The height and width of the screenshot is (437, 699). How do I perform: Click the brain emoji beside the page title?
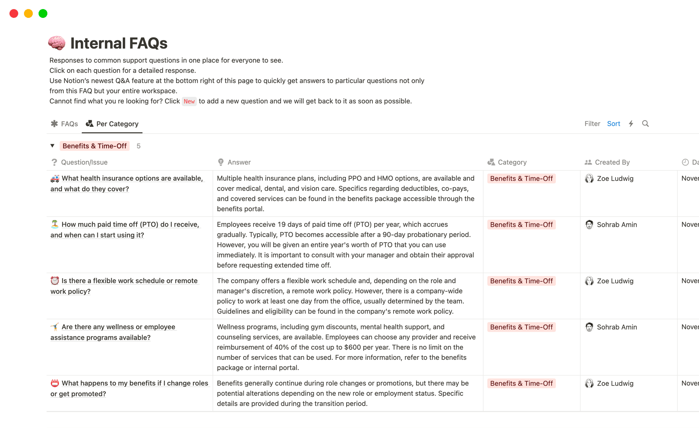tap(57, 43)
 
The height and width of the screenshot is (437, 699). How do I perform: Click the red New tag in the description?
tap(189, 101)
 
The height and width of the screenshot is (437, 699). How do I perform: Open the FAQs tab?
tap(64, 124)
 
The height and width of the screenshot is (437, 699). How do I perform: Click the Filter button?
tap(592, 124)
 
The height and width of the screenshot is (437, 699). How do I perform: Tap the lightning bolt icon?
tap(631, 124)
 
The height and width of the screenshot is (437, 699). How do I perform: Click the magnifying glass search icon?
tap(645, 124)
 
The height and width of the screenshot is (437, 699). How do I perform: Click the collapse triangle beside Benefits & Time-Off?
tap(52, 146)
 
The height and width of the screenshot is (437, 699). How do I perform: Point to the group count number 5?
tap(138, 146)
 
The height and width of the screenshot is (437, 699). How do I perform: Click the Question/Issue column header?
tap(84, 162)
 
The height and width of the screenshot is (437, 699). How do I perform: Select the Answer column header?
tap(239, 162)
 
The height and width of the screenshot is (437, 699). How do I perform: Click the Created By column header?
tap(612, 162)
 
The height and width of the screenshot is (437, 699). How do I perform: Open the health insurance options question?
tap(132, 178)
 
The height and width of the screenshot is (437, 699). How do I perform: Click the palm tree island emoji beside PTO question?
tap(55, 224)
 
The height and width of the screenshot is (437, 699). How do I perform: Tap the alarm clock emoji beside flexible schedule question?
tap(55, 281)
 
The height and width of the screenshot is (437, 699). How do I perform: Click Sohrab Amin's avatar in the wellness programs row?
tap(589, 327)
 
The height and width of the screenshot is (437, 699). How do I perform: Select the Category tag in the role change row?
tap(521, 383)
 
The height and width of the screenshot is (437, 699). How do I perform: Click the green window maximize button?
tap(43, 13)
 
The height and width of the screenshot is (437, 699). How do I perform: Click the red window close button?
tap(14, 13)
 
